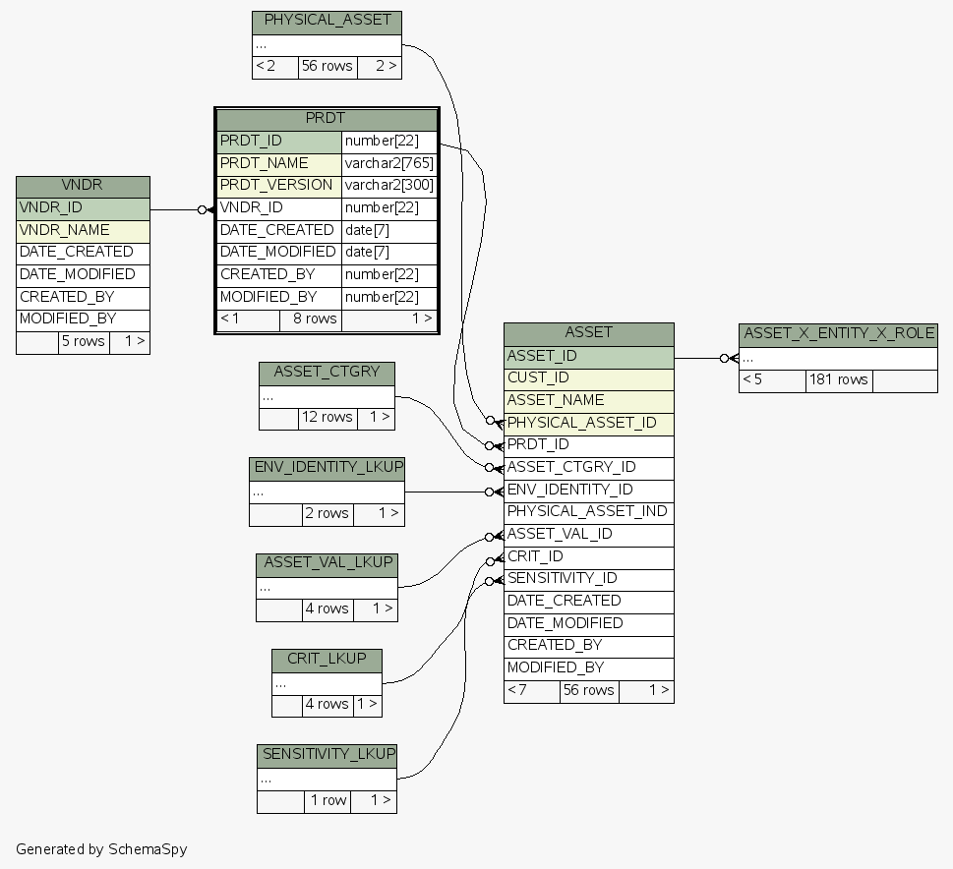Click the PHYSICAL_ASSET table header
pos(327,21)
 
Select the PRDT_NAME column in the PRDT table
pos(278,163)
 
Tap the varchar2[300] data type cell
pos(388,185)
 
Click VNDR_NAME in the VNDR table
pos(83,230)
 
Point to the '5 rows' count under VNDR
pos(84,341)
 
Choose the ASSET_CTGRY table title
pos(327,373)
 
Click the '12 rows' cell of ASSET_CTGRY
pos(328,417)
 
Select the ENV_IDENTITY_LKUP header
pos(327,467)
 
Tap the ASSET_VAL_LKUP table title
pos(327,563)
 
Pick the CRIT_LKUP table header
pos(327,659)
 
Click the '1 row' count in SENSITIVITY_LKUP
pos(328,800)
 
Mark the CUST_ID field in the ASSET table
pos(588,377)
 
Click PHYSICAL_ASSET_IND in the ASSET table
pos(588,511)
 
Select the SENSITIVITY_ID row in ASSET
pos(588,578)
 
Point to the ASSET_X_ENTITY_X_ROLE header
pos(838,333)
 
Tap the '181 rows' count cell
pos(838,379)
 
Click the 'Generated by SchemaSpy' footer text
pos(101,848)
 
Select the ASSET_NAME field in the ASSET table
pos(588,400)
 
